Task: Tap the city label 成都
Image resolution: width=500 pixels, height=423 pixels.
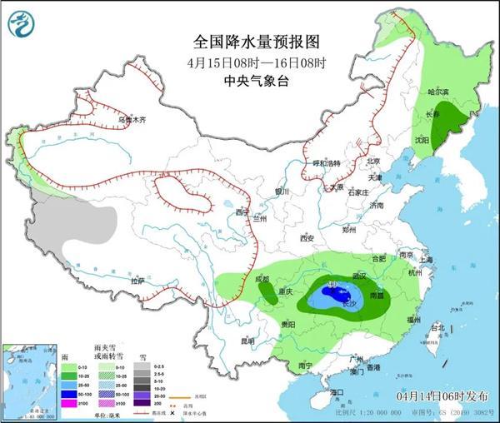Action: tap(262, 280)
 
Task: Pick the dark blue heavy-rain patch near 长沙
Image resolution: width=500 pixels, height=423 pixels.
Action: tap(337, 296)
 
